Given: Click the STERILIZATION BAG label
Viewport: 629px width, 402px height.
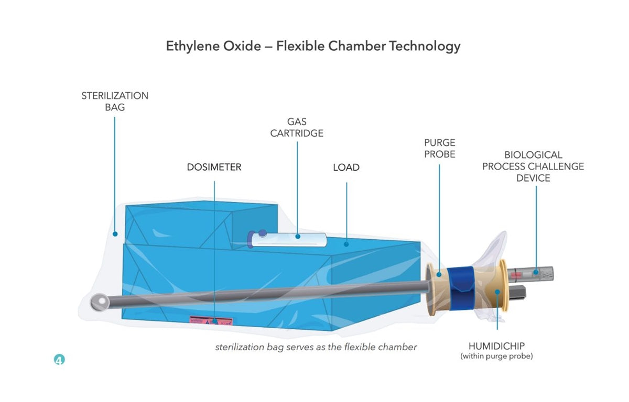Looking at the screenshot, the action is click(115, 101).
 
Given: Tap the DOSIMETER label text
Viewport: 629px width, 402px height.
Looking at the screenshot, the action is click(214, 167).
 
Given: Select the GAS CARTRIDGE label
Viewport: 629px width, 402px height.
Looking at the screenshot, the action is click(297, 127).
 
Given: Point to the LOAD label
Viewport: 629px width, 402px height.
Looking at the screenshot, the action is click(346, 167).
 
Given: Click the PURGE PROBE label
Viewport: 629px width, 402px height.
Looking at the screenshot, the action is click(440, 148).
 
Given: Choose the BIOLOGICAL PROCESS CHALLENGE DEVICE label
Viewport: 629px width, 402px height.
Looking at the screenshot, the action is click(533, 166).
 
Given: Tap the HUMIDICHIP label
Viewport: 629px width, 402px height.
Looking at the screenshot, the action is click(496, 346).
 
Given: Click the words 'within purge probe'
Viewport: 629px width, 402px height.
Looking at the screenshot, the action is click(496, 356).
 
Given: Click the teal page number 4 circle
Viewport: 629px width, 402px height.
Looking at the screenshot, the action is click(59, 360).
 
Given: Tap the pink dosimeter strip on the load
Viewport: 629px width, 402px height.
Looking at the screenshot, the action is click(211, 321).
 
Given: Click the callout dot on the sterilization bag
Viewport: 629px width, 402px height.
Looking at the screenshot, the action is click(115, 234).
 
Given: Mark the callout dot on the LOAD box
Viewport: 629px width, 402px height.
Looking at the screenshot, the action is click(346, 244).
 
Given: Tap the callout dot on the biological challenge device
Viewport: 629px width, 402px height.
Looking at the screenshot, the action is click(536, 272).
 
